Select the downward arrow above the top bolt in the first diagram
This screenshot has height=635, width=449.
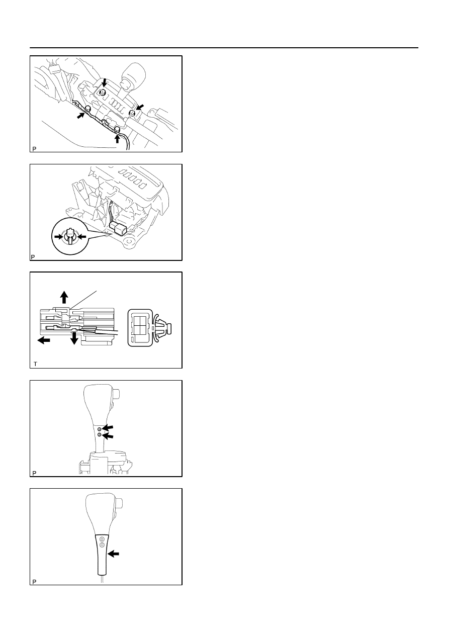click(104, 82)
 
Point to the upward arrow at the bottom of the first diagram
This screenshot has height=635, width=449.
click(117, 139)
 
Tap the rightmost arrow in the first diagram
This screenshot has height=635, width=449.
click(139, 107)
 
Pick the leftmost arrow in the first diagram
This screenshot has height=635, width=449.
click(81, 115)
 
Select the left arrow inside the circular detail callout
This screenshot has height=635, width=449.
click(59, 236)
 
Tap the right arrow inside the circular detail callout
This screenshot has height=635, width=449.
click(81, 236)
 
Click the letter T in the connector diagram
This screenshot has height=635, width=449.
click(35, 364)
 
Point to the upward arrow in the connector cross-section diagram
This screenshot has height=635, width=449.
click(64, 297)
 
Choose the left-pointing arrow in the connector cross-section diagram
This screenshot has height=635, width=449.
click(44, 340)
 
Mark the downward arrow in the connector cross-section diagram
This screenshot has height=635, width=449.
click(74, 338)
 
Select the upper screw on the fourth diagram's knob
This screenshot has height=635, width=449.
click(99, 429)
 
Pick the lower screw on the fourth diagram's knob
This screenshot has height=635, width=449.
click(99, 435)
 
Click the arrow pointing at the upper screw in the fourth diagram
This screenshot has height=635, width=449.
click(108, 428)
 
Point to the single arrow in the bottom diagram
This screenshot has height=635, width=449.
click(114, 553)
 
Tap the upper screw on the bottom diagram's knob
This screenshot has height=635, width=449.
click(103, 538)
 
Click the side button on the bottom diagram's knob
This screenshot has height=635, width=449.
click(119, 504)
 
